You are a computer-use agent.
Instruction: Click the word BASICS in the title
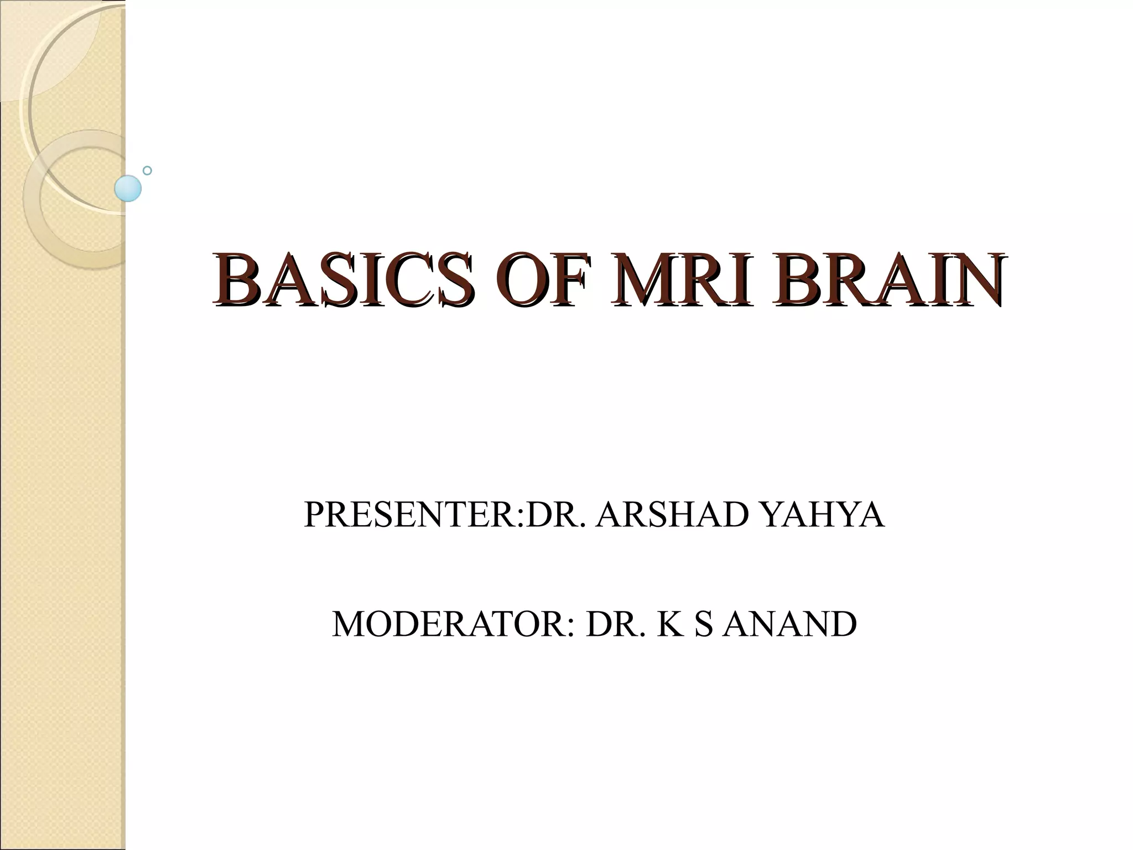[x=343, y=281]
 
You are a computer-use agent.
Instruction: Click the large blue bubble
[x=128, y=188]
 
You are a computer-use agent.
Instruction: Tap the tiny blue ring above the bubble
[x=147, y=170]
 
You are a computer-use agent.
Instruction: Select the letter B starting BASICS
[x=232, y=281]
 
